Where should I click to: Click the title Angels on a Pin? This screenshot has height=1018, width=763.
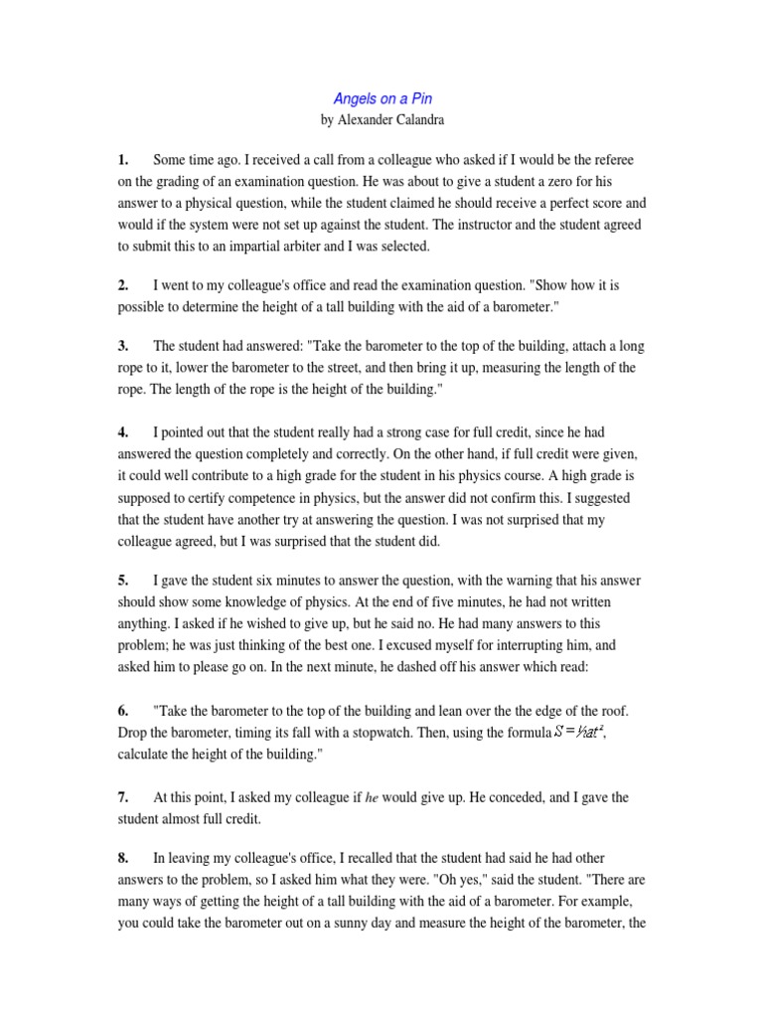(381, 99)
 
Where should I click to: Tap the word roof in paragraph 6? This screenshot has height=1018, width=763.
(614, 712)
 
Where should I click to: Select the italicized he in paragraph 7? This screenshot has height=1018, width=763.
(374, 798)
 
